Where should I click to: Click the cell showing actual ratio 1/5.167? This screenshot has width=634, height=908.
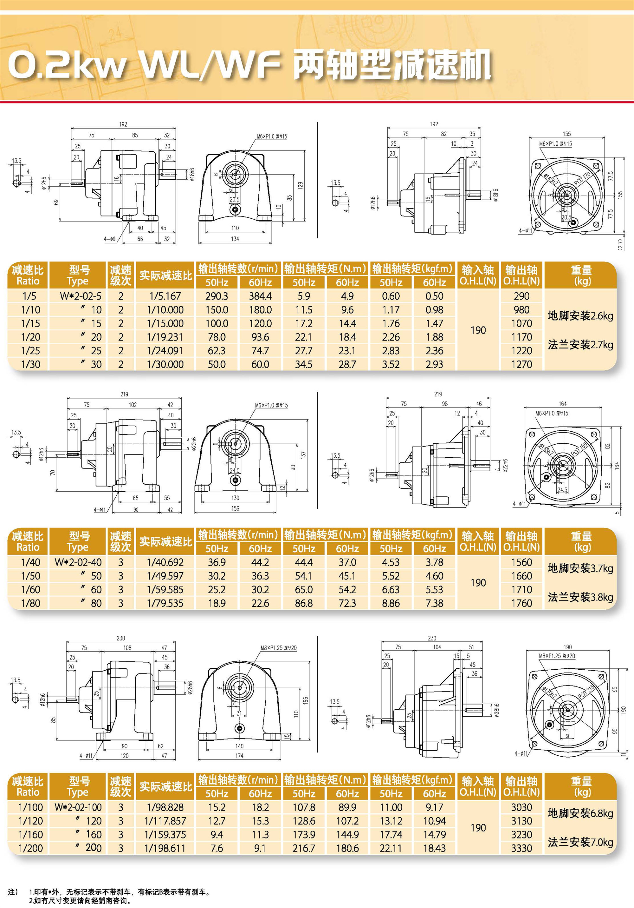[x=165, y=296]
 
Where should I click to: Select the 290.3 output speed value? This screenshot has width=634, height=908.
[x=217, y=296]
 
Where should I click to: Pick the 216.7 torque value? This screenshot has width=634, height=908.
[x=303, y=848]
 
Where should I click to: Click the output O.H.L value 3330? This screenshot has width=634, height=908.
[x=521, y=848]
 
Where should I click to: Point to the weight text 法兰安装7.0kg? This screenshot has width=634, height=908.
[x=580, y=842]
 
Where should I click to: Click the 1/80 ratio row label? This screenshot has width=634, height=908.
[x=30, y=603]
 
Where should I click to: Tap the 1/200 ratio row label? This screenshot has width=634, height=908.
[x=30, y=848]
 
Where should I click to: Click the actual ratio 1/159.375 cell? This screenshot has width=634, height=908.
[x=165, y=834]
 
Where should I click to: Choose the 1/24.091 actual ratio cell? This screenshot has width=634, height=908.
[x=165, y=351]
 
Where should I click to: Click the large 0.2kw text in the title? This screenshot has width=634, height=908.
[x=67, y=65]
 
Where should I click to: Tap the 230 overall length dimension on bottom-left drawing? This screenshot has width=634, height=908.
[x=121, y=638]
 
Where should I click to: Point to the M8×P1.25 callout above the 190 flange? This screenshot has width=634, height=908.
[x=557, y=656]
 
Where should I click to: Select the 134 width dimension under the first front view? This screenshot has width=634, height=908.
[x=235, y=239]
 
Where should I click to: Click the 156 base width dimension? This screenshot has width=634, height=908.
[x=235, y=508]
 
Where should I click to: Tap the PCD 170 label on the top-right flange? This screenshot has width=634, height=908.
[x=582, y=179]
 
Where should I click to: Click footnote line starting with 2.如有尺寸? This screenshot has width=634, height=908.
[x=79, y=900]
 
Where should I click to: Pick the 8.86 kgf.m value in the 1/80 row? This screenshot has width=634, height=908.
[x=390, y=603]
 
